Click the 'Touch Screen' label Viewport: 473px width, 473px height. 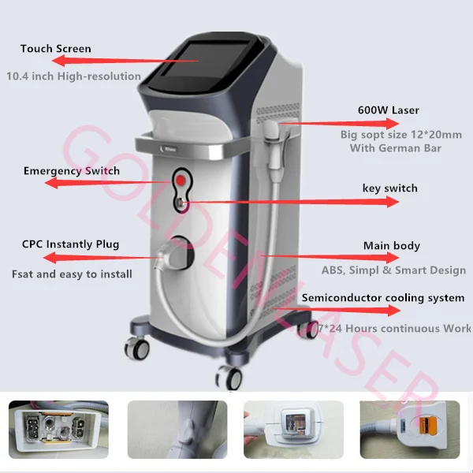tap(56, 49)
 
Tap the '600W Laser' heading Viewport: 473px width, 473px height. tap(389, 110)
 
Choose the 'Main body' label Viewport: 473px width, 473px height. tap(391, 246)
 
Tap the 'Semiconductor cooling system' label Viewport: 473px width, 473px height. tap(383, 298)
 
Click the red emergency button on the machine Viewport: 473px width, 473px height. tap(181, 181)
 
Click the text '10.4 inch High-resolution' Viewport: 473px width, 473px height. tap(73, 76)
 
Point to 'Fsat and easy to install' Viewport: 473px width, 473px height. tap(72, 274)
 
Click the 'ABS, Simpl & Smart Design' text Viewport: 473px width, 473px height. tap(393, 270)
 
